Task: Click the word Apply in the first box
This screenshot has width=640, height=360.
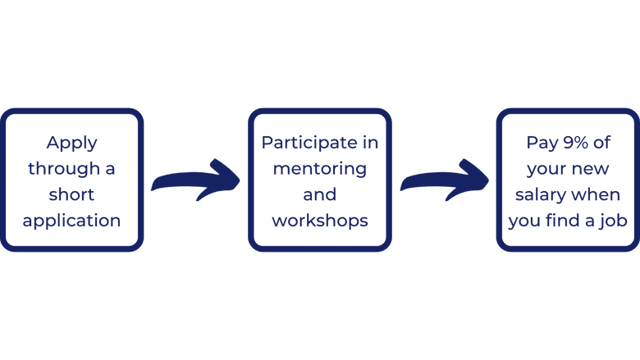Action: click(x=71, y=143)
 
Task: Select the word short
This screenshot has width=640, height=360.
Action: click(x=71, y=194)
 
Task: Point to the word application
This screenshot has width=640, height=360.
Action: click(x=71, y=221)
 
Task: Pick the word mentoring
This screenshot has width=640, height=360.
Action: click(x=319, y=169)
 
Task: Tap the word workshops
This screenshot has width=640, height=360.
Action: click(x=319, y=221)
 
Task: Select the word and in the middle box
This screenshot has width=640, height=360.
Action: click(x=319, y=194)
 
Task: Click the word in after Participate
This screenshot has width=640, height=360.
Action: click(x=371, y=143)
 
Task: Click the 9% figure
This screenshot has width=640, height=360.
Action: click(x=578, y=143)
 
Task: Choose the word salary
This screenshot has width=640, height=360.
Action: click(x=542, y=195)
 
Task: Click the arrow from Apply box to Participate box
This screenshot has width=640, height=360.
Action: click(x=195, y=180)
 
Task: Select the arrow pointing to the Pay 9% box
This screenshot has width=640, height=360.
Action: click(x=444, y=178)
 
